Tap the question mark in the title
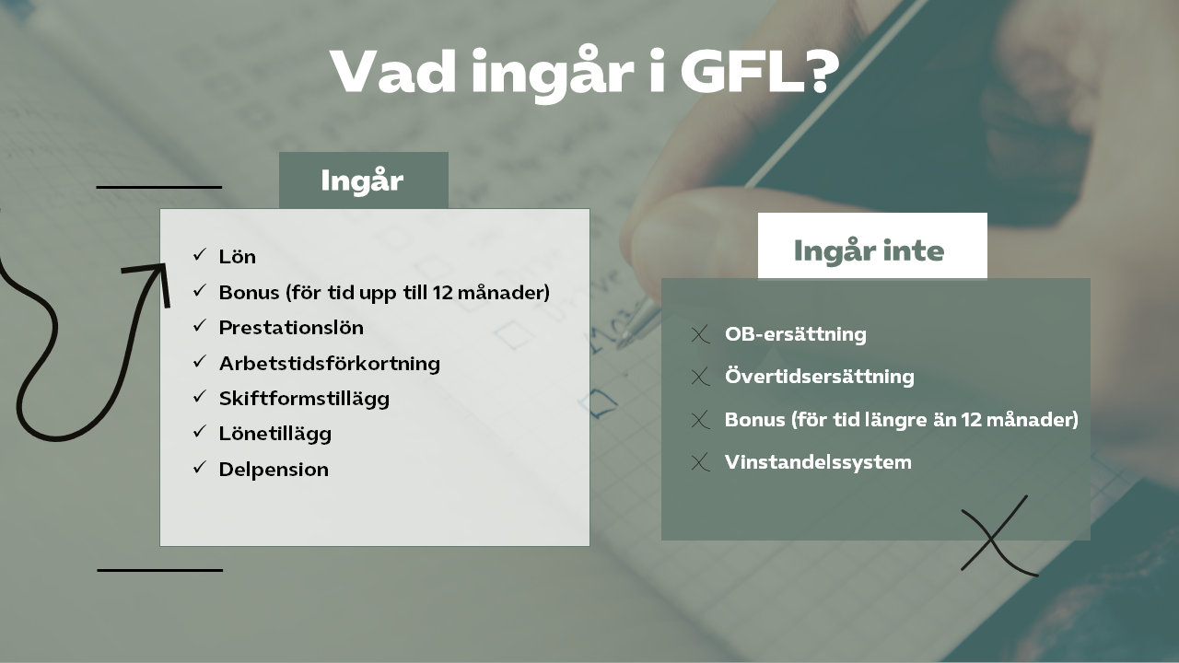pos(823,72)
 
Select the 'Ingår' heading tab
pos(363,180)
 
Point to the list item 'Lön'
pos(238,257)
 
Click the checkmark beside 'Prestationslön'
pos(200,326)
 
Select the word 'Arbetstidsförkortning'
pos(330,364)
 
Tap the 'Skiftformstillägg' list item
pos(304,399)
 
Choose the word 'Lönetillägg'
pos(275,434)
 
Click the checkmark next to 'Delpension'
pos(200,467)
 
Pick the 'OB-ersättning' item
pos(795,334)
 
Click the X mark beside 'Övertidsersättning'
pos(700,377)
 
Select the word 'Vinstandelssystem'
pos(818,462)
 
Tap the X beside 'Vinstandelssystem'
pos(700,462)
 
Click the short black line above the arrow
pos(159,187)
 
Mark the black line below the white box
pos(160,570)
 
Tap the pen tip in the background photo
pos(624,340)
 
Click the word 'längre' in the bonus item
pos(893,421)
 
